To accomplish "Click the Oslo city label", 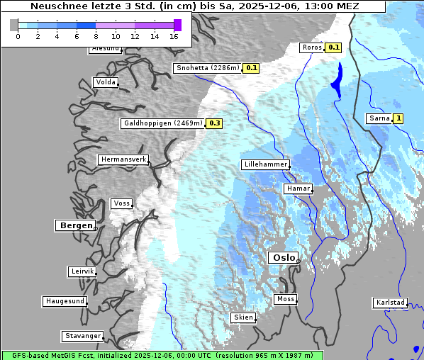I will (283, 258).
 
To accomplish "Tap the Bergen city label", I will (74, 225).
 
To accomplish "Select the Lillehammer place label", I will (265, 164).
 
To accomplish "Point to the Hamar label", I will (297, 189).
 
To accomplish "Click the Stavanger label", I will (82, 336).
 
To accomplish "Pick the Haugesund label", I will (65, 301).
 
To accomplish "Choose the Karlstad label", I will (390, 303).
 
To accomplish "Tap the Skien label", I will (242, 317).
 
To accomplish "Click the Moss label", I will (285, 299).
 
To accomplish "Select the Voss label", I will (121, 203).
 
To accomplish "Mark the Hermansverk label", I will (123, 159).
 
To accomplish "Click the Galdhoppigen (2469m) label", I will (163, 123).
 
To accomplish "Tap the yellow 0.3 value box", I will (215, 123).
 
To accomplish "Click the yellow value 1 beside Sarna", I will (398, 118).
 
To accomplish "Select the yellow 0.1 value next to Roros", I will (334, 47).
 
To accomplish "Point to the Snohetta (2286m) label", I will (207, 68).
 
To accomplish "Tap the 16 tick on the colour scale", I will (174, 36).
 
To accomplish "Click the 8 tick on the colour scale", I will (95, 36).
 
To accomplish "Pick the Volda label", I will (105, 82).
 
